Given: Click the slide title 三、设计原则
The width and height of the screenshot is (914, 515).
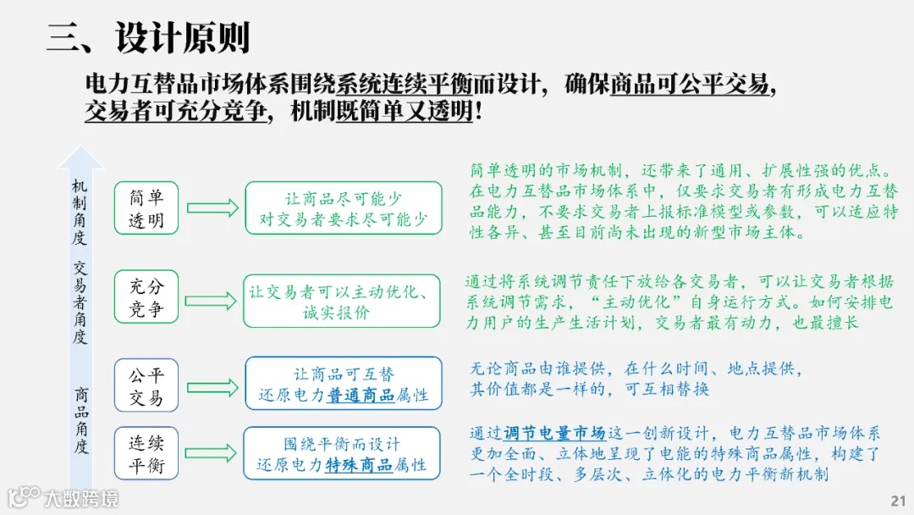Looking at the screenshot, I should (x=148, y=39).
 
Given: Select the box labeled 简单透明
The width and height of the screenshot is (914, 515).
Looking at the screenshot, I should (x=146, y=209).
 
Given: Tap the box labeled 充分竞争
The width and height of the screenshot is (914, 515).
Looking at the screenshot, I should (x=146, y=298).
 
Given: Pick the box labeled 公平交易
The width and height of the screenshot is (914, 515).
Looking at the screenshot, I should (x=146, y=386).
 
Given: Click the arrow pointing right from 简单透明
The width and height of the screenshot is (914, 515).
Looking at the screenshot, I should (x=212, y=208).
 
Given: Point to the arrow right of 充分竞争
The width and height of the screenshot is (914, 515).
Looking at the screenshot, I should (x=212, y=301).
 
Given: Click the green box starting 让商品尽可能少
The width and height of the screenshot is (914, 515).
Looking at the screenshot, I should (x=343, y=209).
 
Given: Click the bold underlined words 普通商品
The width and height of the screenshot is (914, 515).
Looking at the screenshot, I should (x=361, y=396).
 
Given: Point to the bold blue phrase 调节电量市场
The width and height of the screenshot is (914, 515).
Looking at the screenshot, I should (x=554, y=433).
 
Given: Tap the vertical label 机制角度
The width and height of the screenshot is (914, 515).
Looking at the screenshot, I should (x=80, y=212).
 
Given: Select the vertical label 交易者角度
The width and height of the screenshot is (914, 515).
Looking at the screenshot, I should (x=80, y=302).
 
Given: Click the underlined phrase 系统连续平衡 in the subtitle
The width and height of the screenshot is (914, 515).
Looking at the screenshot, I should (x=388, y=85).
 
